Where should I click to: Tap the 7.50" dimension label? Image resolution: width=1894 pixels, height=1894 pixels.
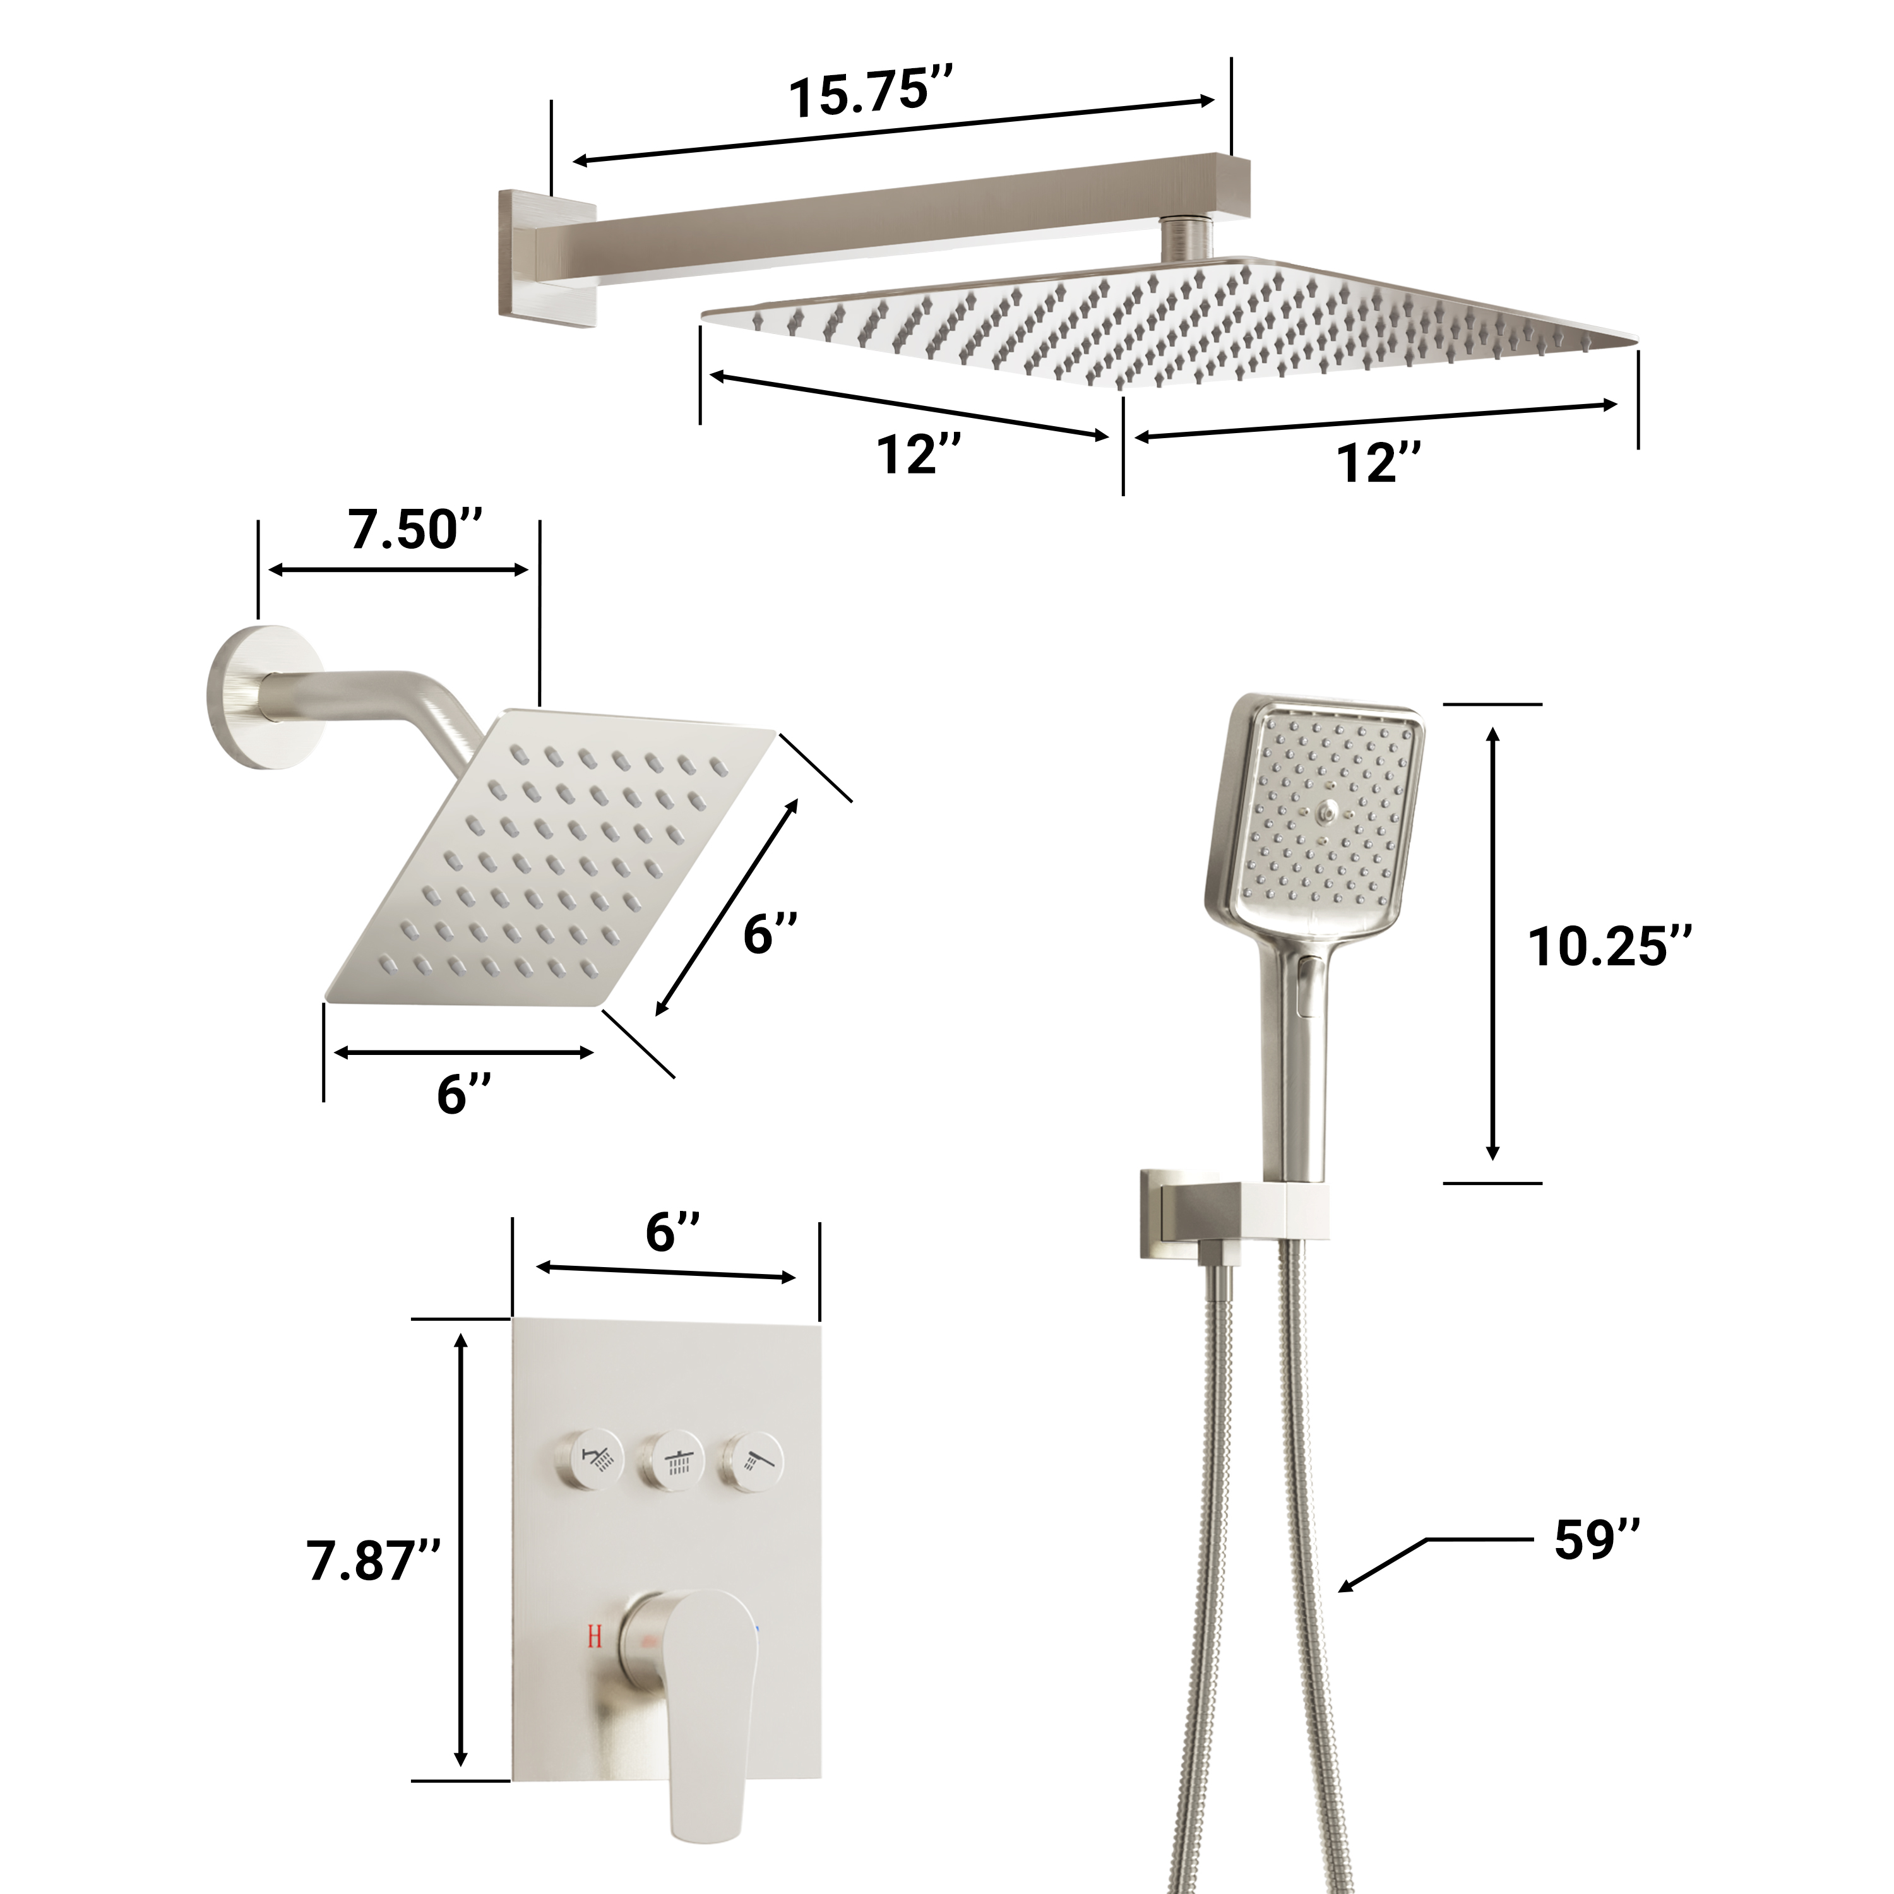415,530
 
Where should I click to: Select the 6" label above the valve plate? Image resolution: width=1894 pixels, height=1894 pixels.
672,1231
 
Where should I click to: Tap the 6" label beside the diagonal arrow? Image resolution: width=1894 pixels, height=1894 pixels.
770,933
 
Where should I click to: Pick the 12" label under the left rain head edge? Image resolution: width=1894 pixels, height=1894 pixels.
919,455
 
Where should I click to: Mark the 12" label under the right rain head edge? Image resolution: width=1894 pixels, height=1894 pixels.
1378,463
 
